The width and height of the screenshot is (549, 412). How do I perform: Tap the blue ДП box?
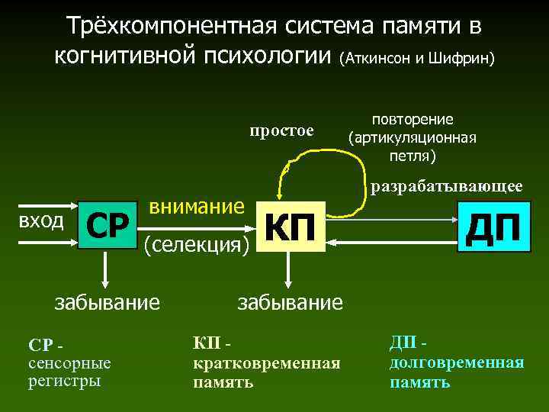[x=493, y=227]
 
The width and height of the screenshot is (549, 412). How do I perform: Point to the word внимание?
[x=196, y=206]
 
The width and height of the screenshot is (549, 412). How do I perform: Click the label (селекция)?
[x=195, y=244]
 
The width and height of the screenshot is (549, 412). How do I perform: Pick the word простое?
[x=281, y=130]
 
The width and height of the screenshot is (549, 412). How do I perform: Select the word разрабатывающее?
[x=446, y=185]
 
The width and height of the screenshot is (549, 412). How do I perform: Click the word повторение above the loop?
[x=412, y=119]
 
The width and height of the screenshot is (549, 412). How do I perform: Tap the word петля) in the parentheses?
[x=412, y=157]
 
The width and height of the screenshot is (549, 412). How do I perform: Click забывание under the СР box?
[x=107, y=303]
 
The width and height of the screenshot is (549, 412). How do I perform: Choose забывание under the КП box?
[x=291, y=303]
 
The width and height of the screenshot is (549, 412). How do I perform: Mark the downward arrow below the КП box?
[x=287, y=268]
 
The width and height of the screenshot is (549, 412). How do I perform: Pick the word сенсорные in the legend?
[x=69, y=363]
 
